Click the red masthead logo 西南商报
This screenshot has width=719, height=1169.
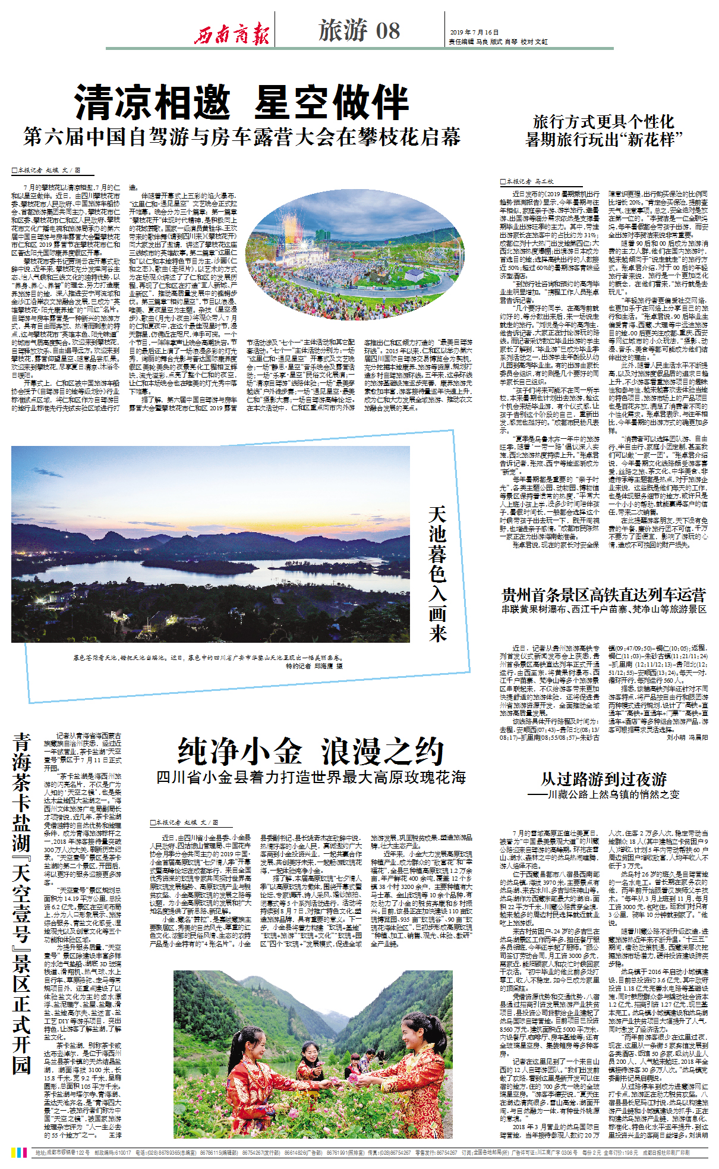pos(232,33)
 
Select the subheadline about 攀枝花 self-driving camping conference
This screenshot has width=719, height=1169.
pos(242,137)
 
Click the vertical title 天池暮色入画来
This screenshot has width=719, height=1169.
pos(437,574)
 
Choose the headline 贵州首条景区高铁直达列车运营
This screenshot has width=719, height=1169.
pos(604,595)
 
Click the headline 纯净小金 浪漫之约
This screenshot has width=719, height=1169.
pos(311,752)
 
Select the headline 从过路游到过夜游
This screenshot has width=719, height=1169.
pos(603,779)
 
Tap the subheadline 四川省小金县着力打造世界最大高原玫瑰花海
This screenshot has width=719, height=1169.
pos(311,777)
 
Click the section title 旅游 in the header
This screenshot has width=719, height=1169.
pos(343,30)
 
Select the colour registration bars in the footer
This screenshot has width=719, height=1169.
pos(19,1152)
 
